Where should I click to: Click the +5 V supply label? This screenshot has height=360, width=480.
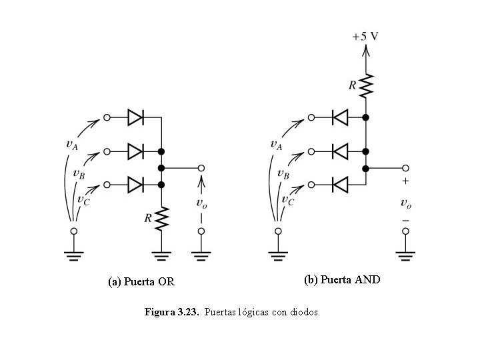365,35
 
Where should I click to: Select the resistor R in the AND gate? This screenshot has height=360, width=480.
365,85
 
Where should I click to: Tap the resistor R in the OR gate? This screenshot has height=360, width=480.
161,217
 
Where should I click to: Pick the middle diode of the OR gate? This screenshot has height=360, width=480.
135,151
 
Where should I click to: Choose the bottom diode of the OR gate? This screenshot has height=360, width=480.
135,183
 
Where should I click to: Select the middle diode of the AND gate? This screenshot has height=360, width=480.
340,151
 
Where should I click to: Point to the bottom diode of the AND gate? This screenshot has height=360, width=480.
340,183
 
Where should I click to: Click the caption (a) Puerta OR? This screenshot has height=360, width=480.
141,281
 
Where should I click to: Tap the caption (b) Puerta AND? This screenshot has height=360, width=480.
342,279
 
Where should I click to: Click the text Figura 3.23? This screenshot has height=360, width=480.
171,312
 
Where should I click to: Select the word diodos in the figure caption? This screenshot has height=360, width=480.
304,312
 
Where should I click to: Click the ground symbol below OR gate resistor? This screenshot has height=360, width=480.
161,253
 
